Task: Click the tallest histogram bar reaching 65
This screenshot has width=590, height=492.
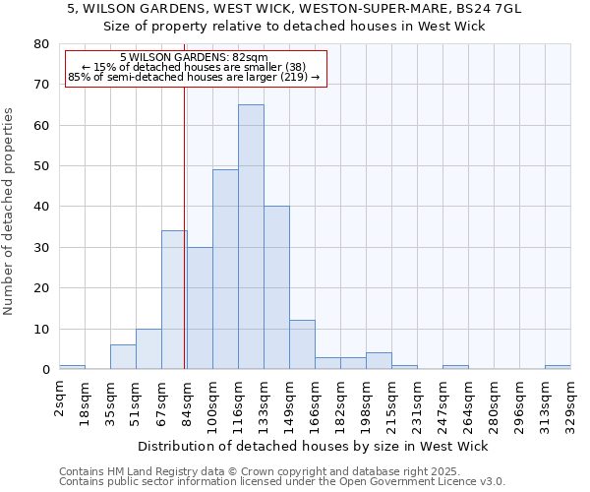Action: pyautogui.click(x=251, y=236)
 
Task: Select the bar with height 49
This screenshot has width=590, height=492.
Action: pyautogui.click(x=225, y=269)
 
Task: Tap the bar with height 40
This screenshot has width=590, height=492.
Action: pyautogui.click(x=276, y=287)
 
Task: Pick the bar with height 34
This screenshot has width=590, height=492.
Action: pyautogui.click(x=174, y=299)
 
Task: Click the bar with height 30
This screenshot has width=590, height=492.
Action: pyautogui.click(x=200, y=308)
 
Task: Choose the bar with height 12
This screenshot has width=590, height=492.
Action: pyautogui.click(x=302, y=344)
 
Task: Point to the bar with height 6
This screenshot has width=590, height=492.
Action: pyautogui.click(x=123, y=356)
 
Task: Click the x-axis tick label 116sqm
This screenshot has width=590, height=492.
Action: pyautogui.click(x=239, y=402)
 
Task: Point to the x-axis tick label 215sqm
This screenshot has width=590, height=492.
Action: pyautogui.click(x=392, y=402)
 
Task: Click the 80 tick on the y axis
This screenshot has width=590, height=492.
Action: pyautogui.click(x=41, y=44)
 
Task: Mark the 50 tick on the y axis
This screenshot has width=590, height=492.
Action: pyautogui.click(x=41, y=166)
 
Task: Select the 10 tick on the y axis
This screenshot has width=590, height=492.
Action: pyautogui.click(x=41, y=329)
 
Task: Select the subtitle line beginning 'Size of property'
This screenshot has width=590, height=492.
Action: pyautogui.click(x=295, y=27)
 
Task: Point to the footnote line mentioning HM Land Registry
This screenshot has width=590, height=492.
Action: pyautogui.click(x=280, y=472)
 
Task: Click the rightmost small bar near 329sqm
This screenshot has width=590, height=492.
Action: pyautogui.click(x=558, y=367)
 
